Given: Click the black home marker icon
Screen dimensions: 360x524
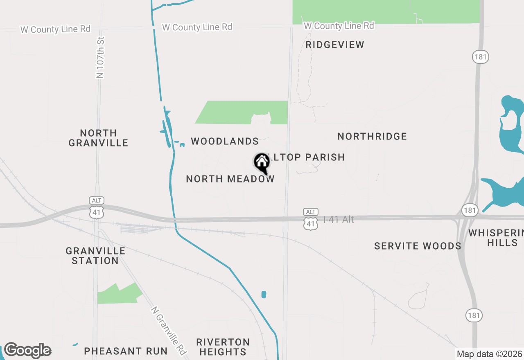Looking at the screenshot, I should coord(262,163).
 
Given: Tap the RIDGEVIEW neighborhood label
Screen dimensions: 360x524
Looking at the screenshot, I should coord(335,45).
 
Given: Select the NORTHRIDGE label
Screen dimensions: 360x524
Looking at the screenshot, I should coord(372,136).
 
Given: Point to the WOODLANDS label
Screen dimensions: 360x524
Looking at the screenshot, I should coord(225,142).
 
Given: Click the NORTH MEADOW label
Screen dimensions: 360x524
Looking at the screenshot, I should coord(230,179).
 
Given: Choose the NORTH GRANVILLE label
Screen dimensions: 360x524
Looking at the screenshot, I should coord(98,138).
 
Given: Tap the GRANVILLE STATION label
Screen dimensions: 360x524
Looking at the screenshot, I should coord(95,256).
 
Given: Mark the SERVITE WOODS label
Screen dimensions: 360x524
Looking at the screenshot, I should coord(418,246).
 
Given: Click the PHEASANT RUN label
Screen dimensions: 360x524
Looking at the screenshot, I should coord(126,351).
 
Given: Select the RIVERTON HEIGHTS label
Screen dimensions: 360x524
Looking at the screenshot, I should coord(223,347).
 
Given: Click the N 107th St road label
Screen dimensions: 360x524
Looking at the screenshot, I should coord(100,58).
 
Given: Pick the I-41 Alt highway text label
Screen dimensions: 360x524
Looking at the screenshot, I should coord(338,220).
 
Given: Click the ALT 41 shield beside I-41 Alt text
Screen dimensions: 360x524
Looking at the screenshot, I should coord(311,218).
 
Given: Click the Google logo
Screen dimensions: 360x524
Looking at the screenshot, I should coord(27,351).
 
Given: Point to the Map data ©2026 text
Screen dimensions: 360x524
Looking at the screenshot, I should coord(489,354).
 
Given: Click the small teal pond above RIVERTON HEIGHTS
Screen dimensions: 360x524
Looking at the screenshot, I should coord(264,295).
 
